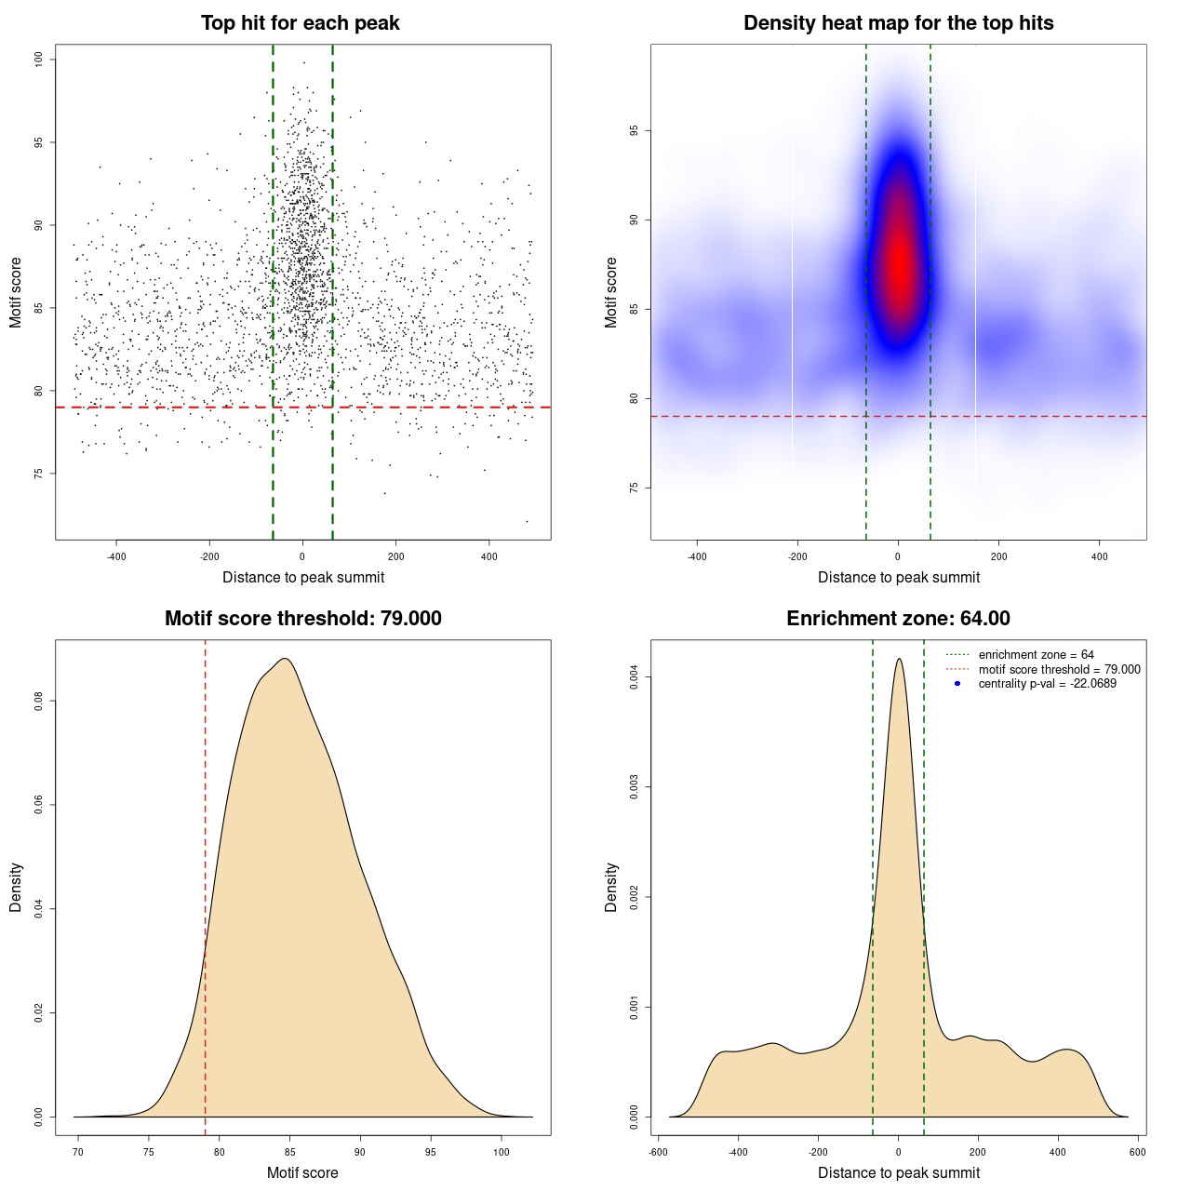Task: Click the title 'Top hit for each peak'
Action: click(x=301, y=23)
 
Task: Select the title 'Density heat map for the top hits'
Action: click(x=898, y=23)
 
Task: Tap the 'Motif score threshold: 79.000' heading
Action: click(x=302, y=619)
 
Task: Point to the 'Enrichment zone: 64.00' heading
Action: click(x=898, y=619)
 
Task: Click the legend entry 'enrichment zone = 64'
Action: click(x=1036, y=655)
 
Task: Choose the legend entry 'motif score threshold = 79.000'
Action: click(x=1059, y=669)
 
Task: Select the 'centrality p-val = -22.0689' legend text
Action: click(x=1047, y=684)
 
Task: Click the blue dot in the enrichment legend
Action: click(x=957, y=684)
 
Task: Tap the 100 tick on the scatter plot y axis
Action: click(x=38, y=60)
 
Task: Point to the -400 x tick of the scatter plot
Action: click(x=116, y=556)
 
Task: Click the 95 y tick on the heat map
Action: click(x=634, y=131)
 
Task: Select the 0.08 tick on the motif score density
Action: click(x=38, y=701)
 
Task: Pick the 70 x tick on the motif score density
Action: click(x=78, y=1152)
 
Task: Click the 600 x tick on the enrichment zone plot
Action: click(x=1137, y=1152)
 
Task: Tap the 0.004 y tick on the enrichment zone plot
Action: click(x=634, y=677)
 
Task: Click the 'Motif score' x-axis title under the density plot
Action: click(x=302, y=1172)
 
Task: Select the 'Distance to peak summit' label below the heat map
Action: click(x=898, y=577)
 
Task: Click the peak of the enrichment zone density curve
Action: click(x=899, y=660)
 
